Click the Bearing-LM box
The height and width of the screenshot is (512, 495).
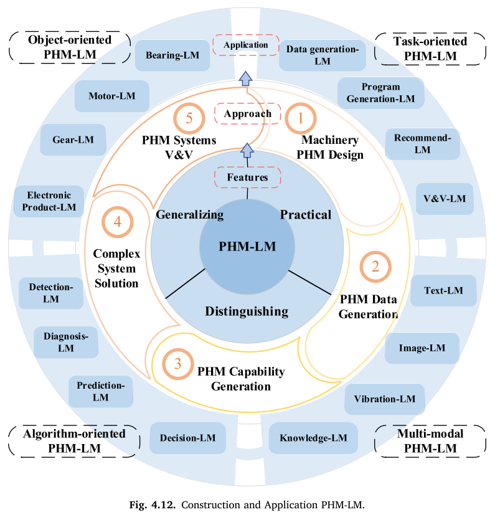pyautogui.click(x=172, y=55)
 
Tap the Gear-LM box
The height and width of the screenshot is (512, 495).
pyautogui.click(x=73, y=140)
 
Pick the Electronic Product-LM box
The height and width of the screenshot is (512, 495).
pyautogui.click(x=49, y=200)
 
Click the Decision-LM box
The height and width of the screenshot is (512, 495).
pyautogui.click(x=187, y=438)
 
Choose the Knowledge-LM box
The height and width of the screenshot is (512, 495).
pyautogui.click(x=313, y=438)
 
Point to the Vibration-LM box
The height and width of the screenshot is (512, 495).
pyautogui.click(x=384, y=399)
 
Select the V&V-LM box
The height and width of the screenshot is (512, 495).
pyautogui.click(x=444, y=199)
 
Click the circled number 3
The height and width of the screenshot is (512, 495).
pyautogui.click(x=178, y=364)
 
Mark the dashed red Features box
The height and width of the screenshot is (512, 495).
pyautogui.click(x=247, y=177)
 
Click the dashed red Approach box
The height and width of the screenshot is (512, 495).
pyautogui.click(x=247, y=114)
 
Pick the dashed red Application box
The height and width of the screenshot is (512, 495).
pyautogui.click(x=246, y=45)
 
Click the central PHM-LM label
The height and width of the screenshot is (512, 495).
pyautogui.click(x=247, y=247)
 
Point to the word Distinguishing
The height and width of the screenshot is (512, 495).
pyautogui.click(x=247, y=311)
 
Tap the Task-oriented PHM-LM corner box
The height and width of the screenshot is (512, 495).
pyautogui.click(x=430, y=49)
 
